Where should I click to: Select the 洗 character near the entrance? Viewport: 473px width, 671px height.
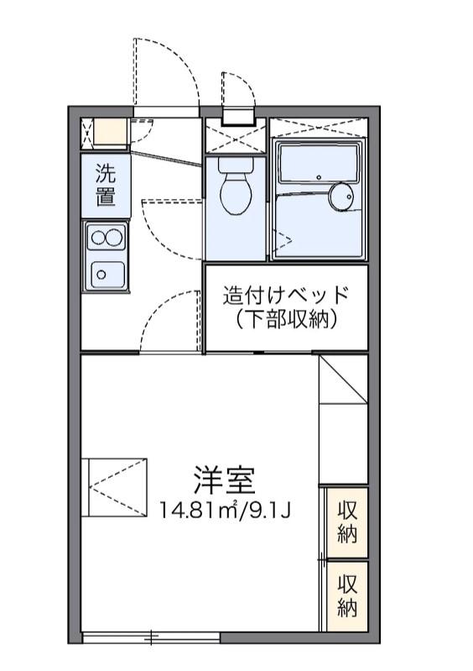click(x=106, y=175)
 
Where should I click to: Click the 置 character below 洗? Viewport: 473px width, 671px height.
click(x=106, y=198)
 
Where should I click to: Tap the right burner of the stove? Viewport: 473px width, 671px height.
click(x=115, y=238)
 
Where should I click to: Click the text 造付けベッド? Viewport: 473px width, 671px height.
click(x=285, y=296)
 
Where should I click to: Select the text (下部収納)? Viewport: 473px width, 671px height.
click(x=286, y=319)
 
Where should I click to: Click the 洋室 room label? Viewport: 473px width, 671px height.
click(x=224, y=480)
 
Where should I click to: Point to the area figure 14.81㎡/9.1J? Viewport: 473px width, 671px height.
click(x=226, y=509)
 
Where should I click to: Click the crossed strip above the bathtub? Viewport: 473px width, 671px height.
click(x=319, y=128)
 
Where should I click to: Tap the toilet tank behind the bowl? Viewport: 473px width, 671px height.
click(x=236, y=165)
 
